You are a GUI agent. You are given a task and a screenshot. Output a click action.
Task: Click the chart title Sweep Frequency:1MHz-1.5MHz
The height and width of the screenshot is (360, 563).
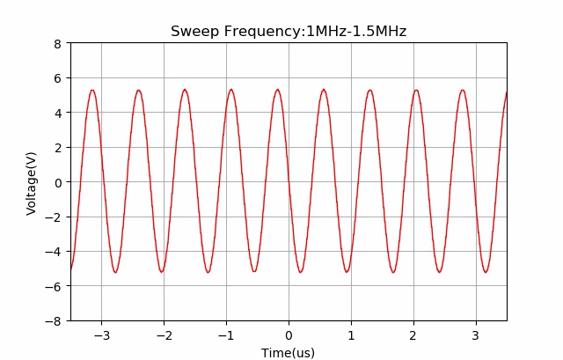[289, 32]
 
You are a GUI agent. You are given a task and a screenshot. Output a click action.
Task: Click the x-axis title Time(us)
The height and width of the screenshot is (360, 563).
[288, 353]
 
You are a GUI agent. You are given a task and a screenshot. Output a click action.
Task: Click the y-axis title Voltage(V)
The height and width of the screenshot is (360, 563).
[32, 183]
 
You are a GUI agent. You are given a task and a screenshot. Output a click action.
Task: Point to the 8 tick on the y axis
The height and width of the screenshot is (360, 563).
[57, 43]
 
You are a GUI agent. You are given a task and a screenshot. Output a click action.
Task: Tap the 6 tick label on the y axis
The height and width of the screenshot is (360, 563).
[57, 78]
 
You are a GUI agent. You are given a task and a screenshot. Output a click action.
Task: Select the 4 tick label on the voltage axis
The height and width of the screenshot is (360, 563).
[57, 113]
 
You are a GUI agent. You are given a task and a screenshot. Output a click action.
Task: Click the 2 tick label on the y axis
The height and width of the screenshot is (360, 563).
[57, 148]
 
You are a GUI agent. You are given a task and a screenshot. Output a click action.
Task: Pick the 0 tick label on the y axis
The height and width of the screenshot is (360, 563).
[57, 182]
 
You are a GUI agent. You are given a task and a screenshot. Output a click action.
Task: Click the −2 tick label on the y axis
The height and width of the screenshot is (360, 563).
[54, 217]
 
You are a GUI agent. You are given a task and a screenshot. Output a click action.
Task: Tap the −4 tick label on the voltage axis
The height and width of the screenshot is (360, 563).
[54, 252]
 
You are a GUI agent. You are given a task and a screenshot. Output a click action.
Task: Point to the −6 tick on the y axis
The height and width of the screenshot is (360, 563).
[54, 287]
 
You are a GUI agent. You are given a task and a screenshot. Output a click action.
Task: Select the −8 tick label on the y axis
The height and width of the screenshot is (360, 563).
[54, 321]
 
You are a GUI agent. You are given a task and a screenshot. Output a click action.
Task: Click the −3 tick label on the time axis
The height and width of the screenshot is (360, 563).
[101, 335]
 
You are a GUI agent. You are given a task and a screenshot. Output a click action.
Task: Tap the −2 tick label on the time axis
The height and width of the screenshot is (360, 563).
[164, 335]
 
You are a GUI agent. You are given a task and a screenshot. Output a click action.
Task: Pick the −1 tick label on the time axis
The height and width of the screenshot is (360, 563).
[226, 335]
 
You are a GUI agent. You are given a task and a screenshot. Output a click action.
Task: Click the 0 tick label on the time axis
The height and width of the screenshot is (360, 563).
[289, 335]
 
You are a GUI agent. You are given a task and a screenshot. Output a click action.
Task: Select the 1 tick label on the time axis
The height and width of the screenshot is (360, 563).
[351, 335]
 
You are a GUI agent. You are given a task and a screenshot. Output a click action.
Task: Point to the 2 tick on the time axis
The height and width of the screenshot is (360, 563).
[413, 335]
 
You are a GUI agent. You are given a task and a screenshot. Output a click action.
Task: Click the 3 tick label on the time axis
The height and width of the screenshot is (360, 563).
[476, 335]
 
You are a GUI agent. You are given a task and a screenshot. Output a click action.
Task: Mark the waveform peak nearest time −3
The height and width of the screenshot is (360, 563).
[91, 90]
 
